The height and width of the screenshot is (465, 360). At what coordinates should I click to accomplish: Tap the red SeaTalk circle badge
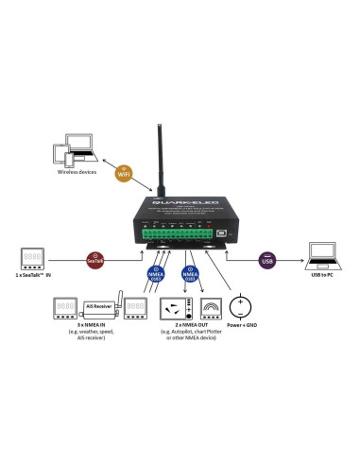(95, 256)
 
